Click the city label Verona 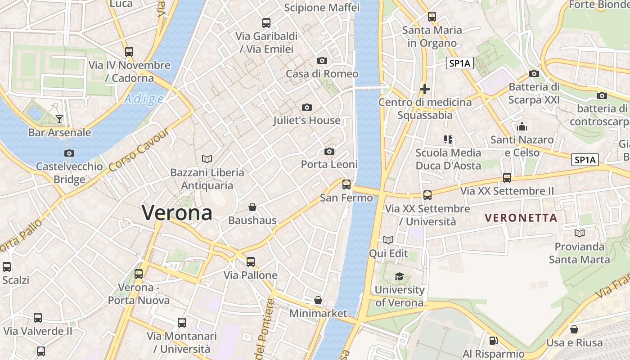(177, 212)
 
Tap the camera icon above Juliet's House (307, 107)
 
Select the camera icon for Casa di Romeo (322, 60)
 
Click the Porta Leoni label (329, 164)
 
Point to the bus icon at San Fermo (346, 184)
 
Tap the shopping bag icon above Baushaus (252, 207)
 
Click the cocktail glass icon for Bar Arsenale (59, 119)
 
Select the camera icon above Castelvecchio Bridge (69, 153)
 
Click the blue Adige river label (144, 99)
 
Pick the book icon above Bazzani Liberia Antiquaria (207, 159)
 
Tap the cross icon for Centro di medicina (424, 89)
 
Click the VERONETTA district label (521, 218)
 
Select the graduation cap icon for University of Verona (399, 276)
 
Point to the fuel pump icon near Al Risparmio (493, 341)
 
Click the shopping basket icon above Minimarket (318, 300)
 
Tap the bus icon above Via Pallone (250, 261)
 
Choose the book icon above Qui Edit (388, 240)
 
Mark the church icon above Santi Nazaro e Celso (522, 126)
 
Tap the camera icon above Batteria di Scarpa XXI (534, 73)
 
